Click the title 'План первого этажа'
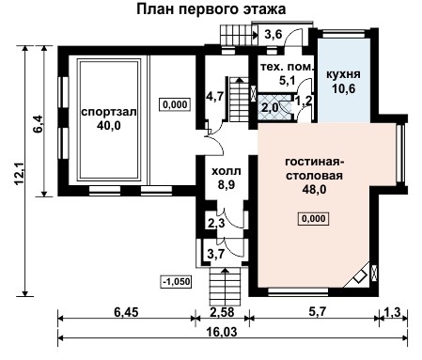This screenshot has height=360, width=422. [211, 9]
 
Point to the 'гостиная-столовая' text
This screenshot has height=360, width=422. [315, 168]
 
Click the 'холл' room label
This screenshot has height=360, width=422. [223, 171]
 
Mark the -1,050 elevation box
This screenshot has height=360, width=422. [176, 280]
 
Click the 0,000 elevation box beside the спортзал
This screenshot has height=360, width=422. [173, 104]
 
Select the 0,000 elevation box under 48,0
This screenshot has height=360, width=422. [313, 219]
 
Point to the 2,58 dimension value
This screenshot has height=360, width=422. [223, 310]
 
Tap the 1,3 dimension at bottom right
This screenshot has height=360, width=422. [392, 310]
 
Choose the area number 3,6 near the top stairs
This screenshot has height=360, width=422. [273, 36]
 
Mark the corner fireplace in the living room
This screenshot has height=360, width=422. [359, 277]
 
